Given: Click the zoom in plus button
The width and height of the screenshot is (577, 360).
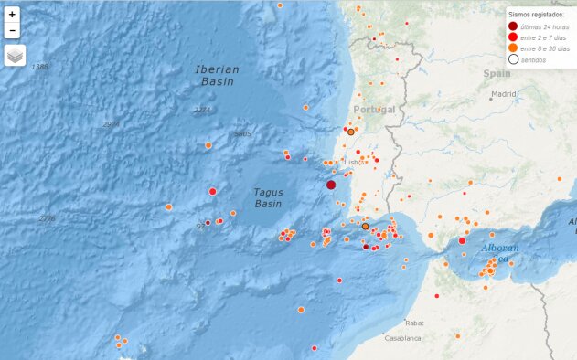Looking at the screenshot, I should coord(12,15).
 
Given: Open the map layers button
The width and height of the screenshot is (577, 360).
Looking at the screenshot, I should coord(15,57).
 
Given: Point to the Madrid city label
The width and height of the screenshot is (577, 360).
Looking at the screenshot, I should coord(503,94).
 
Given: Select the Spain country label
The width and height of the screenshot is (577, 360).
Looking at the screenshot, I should coord(497,73).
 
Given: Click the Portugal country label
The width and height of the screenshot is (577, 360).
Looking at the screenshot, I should coord(374,110).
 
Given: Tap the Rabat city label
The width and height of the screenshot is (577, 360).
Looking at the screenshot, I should coord(415,323).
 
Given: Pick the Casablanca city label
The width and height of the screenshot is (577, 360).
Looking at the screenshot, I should coord(402,337).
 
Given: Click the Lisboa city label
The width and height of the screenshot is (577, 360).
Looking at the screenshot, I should coord(354,163).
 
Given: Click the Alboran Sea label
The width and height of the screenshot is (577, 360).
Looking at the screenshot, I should coord(500,252).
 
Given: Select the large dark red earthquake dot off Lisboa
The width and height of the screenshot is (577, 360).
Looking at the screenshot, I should coord(331,185).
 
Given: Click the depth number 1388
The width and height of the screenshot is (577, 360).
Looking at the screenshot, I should coord(39,67).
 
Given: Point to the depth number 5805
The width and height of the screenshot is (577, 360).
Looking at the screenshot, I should coord(242,134).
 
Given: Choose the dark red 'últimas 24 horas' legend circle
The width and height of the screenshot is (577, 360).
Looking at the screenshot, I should coord(513,27).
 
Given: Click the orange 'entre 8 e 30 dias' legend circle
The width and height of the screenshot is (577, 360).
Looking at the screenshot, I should coord(513,48).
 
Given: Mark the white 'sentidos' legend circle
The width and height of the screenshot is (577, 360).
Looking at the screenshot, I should coord(513,59).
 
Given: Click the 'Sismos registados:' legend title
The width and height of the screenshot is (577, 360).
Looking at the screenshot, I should coord(536,16).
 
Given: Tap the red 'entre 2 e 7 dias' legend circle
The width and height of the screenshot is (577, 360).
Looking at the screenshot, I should coord(513,38).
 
